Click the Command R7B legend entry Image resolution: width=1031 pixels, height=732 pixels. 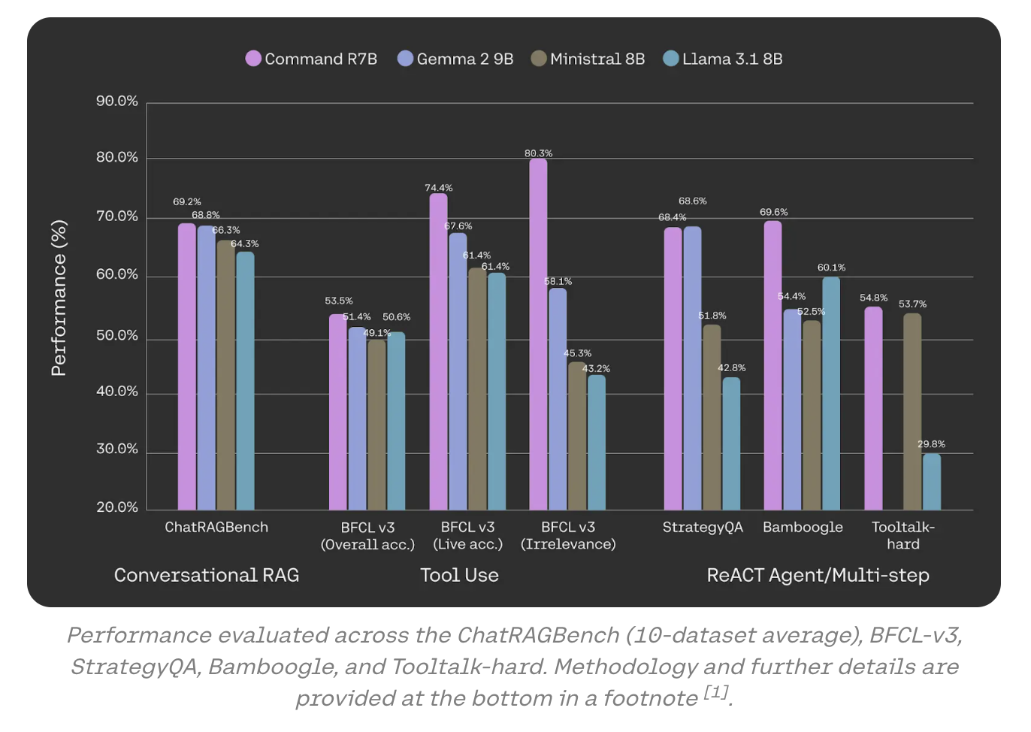(311, 59)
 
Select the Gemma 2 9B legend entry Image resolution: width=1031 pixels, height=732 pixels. (455, 59)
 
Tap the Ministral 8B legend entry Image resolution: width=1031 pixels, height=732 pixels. (588, 59)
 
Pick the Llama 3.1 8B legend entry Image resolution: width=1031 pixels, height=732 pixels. (723, 59)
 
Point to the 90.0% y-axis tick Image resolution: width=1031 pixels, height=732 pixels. (117, 101)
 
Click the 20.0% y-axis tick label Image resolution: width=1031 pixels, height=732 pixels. (117, 507)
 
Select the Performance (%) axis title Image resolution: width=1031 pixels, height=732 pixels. (59, 298)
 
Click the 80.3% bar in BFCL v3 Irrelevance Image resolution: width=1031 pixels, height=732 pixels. (538, 334)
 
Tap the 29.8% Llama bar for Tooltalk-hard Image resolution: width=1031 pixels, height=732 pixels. (931, 482)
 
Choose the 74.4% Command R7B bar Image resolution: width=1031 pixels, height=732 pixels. (438, 352)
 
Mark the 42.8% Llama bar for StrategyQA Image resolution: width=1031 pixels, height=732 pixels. (731, 443)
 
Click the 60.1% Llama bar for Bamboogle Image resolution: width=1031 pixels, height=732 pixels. (831, 394)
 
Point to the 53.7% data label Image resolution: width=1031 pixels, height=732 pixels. (912, 304)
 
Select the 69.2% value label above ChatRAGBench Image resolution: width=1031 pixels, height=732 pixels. (187, 202)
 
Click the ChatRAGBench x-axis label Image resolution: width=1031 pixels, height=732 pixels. (216, 527)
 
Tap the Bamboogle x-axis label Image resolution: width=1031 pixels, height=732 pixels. (803, 527)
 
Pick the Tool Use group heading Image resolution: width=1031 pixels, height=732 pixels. (459, 575)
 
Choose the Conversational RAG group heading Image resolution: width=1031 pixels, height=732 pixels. (207, 575)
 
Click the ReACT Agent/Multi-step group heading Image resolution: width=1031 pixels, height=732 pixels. (818, 575)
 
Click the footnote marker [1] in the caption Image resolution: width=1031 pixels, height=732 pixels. (716, 692)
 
